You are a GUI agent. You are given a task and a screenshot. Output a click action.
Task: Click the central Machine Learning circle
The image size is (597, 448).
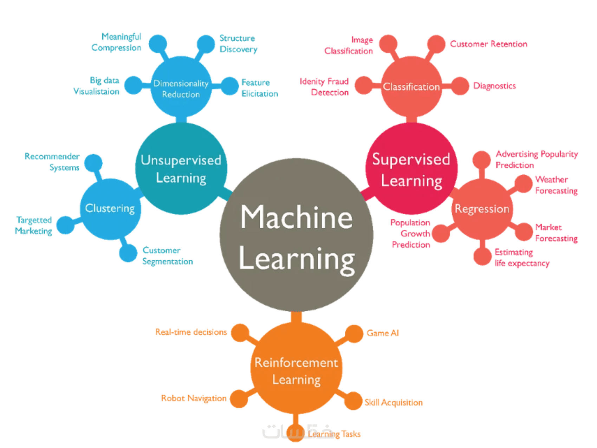click(296, 235)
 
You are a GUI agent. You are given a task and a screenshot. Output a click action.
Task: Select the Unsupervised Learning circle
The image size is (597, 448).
click(181, 169)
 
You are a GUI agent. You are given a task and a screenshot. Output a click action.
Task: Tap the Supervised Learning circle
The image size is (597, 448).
click(411, 169)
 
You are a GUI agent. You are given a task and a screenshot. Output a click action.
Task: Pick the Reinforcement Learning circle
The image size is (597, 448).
click(296, 369)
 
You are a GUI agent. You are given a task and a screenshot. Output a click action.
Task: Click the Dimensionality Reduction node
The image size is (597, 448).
click(181, 88)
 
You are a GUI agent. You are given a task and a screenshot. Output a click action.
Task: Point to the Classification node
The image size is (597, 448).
click(411, 86)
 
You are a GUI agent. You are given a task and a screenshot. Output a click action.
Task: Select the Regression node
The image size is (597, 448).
click(482, 209)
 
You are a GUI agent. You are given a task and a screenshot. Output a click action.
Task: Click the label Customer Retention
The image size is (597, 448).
click(488, 44)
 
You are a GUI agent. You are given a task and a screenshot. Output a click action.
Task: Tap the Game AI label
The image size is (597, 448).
click(383, 333)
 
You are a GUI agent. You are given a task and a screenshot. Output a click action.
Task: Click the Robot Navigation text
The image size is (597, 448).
click(194, 398)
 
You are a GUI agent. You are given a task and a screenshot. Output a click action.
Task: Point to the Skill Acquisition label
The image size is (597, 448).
click(394, 402)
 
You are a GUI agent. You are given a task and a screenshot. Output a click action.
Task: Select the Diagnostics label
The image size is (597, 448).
click(494, 86)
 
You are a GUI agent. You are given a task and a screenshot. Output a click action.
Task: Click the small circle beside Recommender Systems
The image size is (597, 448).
click(93, 163)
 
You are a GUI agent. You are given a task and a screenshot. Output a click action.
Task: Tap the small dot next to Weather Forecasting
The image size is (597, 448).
click(524, 184)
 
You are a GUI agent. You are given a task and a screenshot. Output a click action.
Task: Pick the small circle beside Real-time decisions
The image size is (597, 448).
click(240, 333)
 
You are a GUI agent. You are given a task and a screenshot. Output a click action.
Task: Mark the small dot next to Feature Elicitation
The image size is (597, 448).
click(230, 86)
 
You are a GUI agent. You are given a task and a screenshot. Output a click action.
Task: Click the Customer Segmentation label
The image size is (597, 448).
click(168, 256)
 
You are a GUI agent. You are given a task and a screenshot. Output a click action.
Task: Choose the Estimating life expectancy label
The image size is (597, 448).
click(522, 258)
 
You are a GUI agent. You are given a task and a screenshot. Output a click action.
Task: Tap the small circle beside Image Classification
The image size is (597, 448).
click(388, 44)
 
